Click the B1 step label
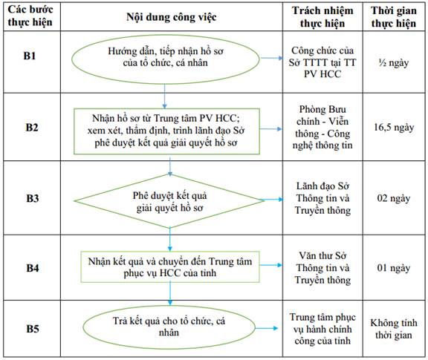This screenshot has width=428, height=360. pos(30,56)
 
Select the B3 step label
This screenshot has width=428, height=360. pos(33,198)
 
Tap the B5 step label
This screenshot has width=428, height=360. pos(33,328)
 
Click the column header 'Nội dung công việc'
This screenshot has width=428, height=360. pos(172,17)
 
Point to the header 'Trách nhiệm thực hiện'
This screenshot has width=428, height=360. pos(322,17)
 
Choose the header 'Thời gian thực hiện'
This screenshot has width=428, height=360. pos(394,17)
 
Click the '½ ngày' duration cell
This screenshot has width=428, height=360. pos(394,63)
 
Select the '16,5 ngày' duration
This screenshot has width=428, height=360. pos(394,127)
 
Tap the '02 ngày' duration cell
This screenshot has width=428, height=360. pos(394,198)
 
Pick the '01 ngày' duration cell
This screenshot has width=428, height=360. pos(394,268)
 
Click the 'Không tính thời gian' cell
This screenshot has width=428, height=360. pos(394,329)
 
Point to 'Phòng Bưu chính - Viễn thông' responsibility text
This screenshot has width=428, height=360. pos(322,127)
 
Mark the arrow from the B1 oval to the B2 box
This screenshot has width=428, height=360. pos(164,96)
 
